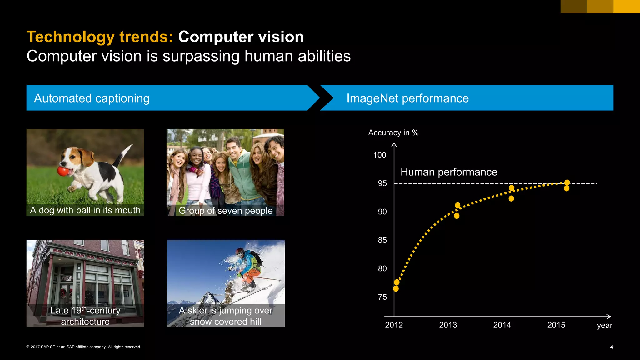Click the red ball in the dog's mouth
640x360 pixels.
pyautogui.click(x=62, y=171)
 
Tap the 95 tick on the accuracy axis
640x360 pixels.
pyautogui.click(x=382, y=183)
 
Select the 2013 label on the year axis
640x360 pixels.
pyautogui.click(x=448, y=325)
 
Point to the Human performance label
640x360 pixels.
pyautogui.click(x=449, y=172)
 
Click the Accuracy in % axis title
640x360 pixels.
pyautogui.click(x=393, y=132)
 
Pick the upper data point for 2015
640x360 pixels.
pyautogui.click(x=567, y=182)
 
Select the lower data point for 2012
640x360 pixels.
pyautogui.click(x=396, y=289)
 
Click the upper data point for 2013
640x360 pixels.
pyautogui.click(x=457, y=205)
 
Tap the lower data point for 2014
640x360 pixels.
pyautogui.click(x=511, y=198)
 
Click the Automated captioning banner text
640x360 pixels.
pyautogui.click(x=92, y=98)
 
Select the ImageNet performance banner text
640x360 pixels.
pyautogui.click(x=407, y=98)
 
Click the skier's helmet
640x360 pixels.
pyautogui.click(x=240, y=252)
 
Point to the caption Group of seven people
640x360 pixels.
pyautogui.click(x=226, y=211)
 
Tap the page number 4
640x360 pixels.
pyautogui.click(x=612, y=347)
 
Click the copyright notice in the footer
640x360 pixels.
pyautogui.click(x=84, y=347)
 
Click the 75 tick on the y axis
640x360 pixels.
pyautogui.click(x=382, y=297)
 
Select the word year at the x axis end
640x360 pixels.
pyautogui.click(x=604, y=325)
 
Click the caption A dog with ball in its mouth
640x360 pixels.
pyautogui.click(x=85, y=210)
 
